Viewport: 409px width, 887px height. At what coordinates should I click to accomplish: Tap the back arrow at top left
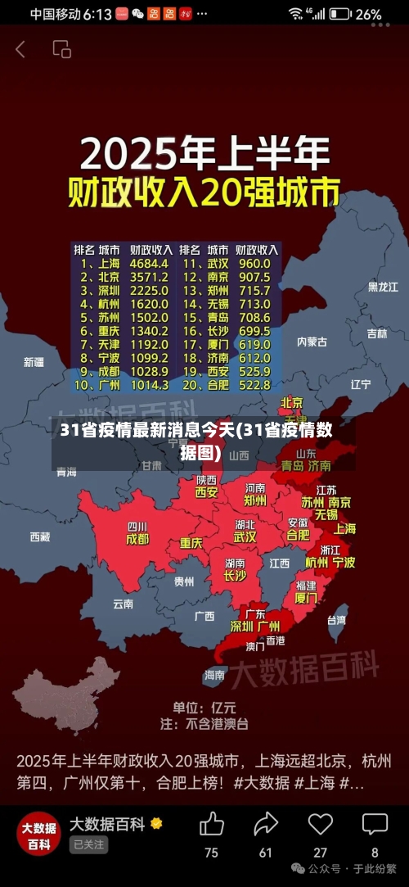pyautogui.click(x=20, y=49)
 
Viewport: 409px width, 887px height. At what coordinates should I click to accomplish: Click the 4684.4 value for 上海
pyautogui.click(x=149, y=264)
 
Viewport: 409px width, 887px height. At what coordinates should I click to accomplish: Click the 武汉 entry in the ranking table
pyautogui.click(x=218, y=264)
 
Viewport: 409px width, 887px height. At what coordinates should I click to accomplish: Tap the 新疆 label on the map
pyautogui.click(x=34, y=361)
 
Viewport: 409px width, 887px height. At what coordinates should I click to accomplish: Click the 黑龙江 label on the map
pyautogui.click(x=383, y=287)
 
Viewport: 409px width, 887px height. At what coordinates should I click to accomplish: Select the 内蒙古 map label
pyautogui.click(x=312, y=342)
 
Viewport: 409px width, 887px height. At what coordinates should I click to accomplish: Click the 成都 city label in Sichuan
pyautogui.click(x=137, y=540)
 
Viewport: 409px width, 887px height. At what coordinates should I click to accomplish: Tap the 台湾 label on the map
pyautogui.click(x=336, y=620)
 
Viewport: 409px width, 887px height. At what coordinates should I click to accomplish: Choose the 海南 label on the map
pyautogui.click(x=214, y=675)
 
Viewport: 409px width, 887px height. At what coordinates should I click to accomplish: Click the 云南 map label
pyautogui.click(x=123, y=604)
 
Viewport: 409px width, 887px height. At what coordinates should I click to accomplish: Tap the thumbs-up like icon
pyautogui.click(x=211, y=824)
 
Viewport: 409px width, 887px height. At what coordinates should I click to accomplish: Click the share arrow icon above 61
pyautogui.click(x=266, y=824)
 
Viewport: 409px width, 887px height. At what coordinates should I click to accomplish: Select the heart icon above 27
pyautogui.click(x=320, y=824)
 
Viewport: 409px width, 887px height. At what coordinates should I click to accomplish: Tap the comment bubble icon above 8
pyautogui.click(x=375, y=824)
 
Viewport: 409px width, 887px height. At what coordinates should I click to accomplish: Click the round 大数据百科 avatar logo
pyautogui.click(x=38, y=833)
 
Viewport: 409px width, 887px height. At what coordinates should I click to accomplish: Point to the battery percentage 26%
pyautogui.click(x=368, y=14)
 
